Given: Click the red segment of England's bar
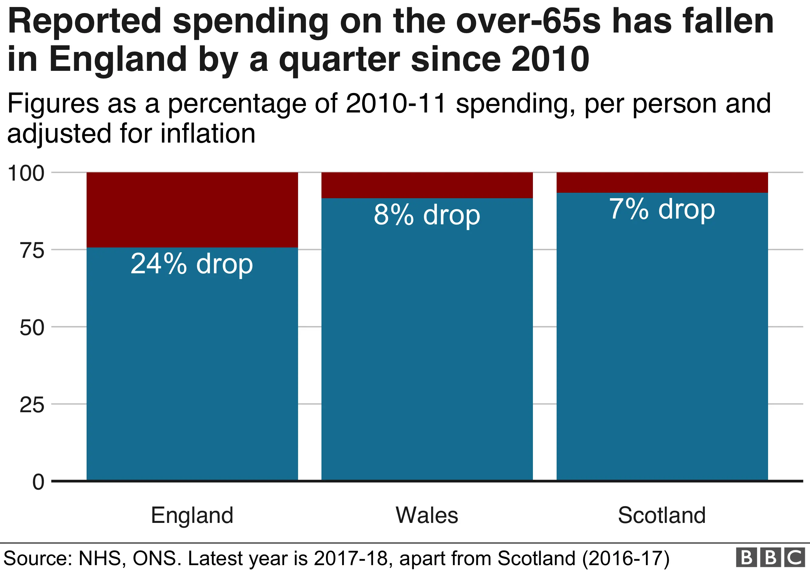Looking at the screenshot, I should click(192, 210).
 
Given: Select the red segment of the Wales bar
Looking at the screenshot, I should click(427, 185).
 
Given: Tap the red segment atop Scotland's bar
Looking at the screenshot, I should click(662, 182).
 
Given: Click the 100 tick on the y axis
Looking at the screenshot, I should click(26, 173).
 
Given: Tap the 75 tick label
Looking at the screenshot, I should click(32, 250).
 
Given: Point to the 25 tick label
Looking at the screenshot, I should click(32, 405).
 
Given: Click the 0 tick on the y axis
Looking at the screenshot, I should click(38, 482).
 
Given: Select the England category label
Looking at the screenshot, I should click(192, 515).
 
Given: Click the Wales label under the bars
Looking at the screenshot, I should click(427, 515).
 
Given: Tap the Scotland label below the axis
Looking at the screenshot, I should click(662, 515).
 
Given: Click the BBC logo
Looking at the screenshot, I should click(771, 557).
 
